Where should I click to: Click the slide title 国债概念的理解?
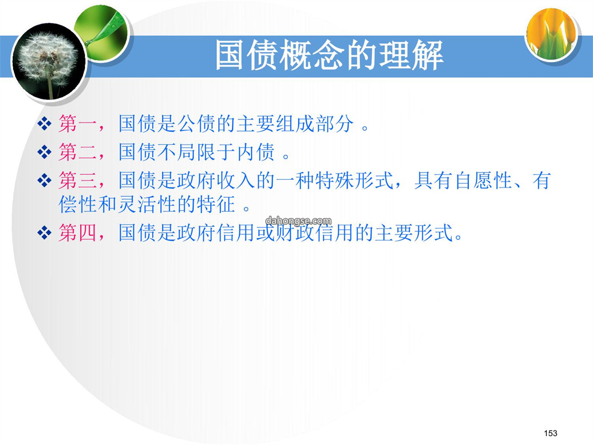pyautogui.click(x=329, y=55)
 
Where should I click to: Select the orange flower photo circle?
pyautogui.click(x=551, y=34)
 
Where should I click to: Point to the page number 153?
pyautogui.click(x=550, y=433)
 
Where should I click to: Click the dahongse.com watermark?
pyautogui.click(x=298, y=221)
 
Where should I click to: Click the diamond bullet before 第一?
pyautogui.click(x=44, y=124)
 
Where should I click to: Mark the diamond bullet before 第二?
pyautogui.click(x=44, y=152)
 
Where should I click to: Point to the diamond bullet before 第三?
pyautogui.click(x=44, y=180)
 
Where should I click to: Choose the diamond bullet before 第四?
pyautogui.click(x=44, y=232)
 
